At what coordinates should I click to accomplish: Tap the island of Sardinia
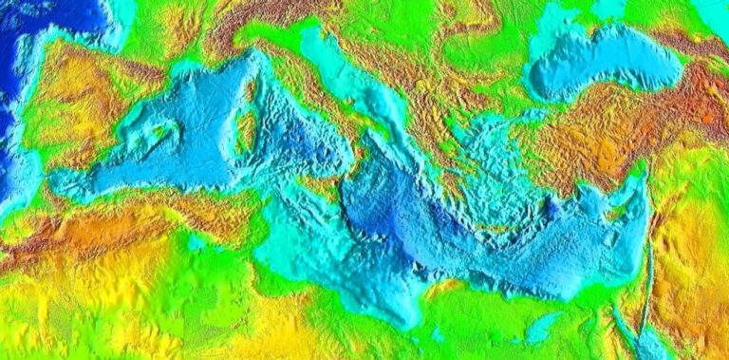[246, 134]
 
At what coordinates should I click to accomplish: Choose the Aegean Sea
[484, 161]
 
